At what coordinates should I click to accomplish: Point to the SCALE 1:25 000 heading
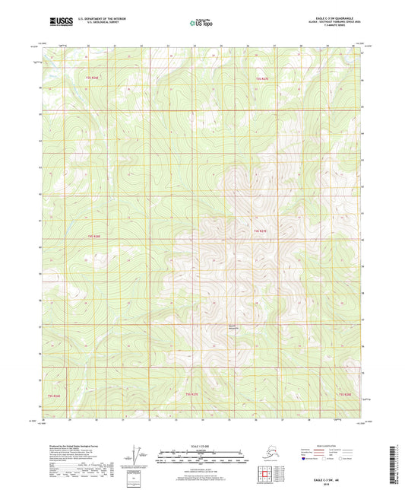click(x=201, y=446)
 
